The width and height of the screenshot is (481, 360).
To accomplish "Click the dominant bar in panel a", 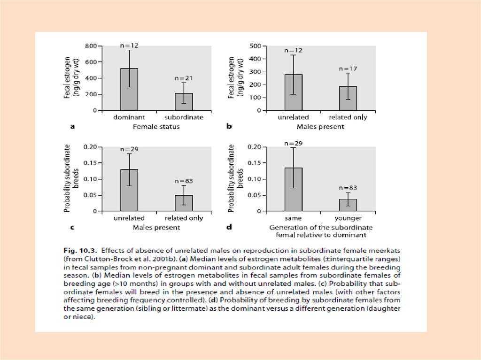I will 129,89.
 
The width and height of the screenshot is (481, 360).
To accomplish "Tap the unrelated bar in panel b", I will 294,92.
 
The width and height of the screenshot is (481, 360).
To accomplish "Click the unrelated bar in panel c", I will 129,190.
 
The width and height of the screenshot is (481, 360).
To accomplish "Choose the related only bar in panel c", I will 184,203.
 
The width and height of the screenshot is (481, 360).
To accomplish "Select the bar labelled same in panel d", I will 294,189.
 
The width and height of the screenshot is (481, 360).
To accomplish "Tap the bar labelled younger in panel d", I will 348,205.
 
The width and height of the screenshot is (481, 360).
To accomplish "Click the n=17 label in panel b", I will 348,69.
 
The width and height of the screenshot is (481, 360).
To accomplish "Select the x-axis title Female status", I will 156,126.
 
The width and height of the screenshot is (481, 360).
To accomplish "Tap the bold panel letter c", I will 72,228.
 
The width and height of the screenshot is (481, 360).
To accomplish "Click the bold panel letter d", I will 229,228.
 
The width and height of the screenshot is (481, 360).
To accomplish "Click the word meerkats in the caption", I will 359,250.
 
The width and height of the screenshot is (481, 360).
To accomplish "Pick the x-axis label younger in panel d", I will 348,218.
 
